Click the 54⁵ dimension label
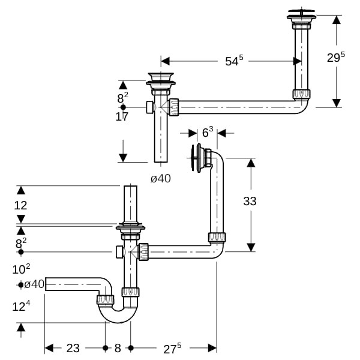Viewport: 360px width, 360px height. click(234, 61)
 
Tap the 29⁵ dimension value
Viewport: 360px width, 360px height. click(336, 57)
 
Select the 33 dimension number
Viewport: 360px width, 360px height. click(250, 201)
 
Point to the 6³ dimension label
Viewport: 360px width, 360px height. click(208, 132)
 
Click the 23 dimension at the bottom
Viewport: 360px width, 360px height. click(73, 348)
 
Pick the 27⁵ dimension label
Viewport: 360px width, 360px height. click(172, 349)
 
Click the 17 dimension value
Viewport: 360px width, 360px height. click(122, 116)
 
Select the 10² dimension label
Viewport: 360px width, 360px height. click(21, 269)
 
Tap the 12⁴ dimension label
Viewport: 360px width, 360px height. click(21, 306)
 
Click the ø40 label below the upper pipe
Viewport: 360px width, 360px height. click(161, 178)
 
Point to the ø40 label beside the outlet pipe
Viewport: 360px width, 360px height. click(34, 284)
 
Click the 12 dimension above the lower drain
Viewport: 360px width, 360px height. click(20, 205)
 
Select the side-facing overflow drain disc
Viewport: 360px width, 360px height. click(194, 158)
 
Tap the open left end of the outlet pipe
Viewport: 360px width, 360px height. click(46, 284)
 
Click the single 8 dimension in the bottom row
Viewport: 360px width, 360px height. click(118, 348)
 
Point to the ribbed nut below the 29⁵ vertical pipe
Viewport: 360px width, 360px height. click(301, 94)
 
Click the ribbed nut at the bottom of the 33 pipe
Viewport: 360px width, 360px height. click(217, 238)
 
